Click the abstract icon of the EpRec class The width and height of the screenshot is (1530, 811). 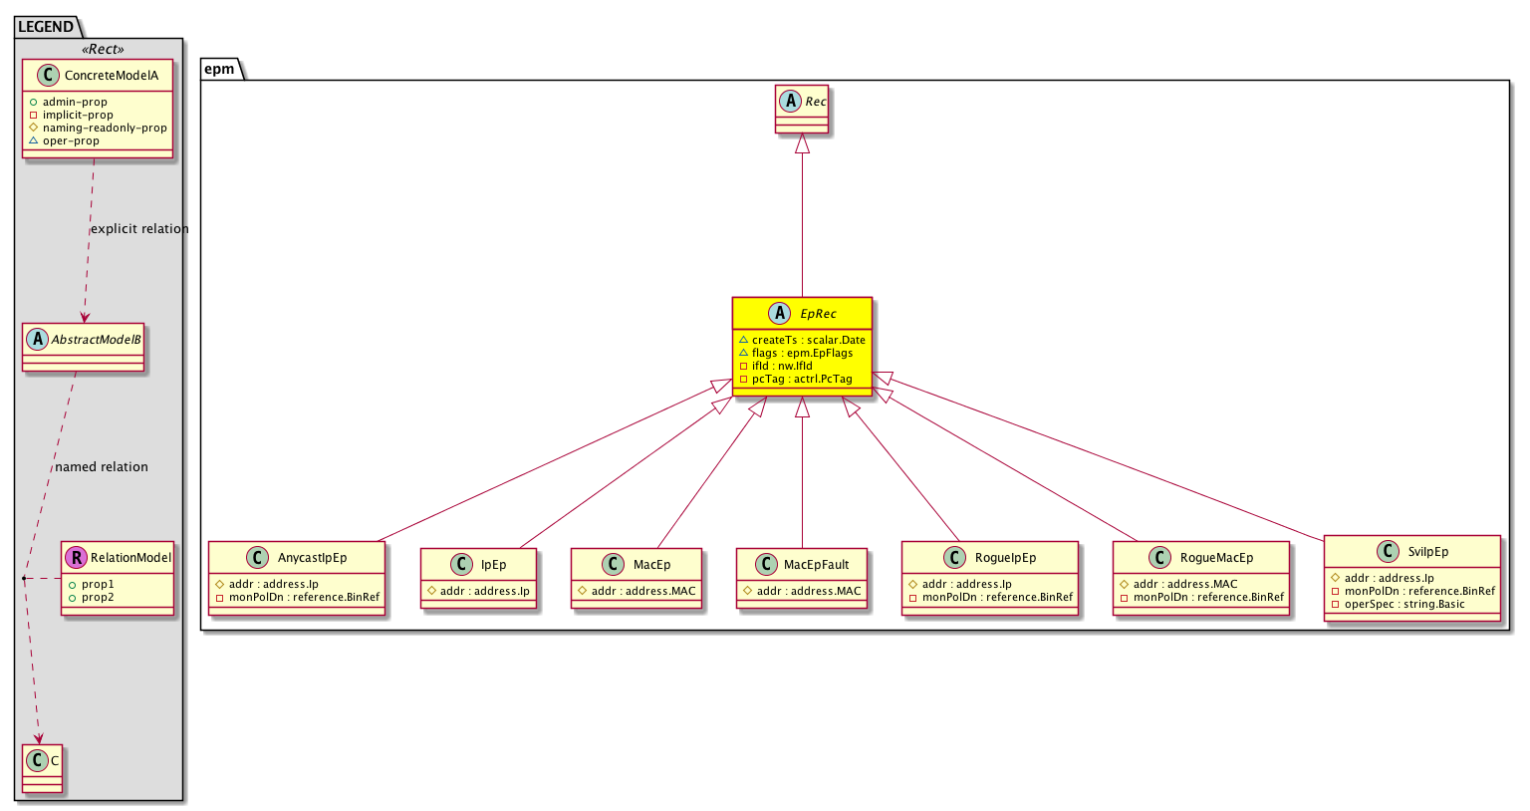779,314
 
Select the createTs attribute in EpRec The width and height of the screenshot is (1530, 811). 802,340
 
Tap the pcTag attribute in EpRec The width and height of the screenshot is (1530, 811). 796,379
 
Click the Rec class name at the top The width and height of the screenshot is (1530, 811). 816,102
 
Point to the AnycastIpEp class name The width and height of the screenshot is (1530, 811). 312,558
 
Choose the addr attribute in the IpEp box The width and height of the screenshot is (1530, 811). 479,591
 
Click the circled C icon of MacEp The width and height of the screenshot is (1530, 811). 614,564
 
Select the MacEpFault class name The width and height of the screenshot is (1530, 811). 816,564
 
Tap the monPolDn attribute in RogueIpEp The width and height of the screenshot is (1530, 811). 991,597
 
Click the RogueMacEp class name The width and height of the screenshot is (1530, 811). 1216,558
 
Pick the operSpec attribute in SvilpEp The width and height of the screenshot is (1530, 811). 1399,604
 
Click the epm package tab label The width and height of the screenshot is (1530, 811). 219,69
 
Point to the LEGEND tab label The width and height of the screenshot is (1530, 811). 46,27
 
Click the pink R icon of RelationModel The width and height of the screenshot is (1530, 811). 76,558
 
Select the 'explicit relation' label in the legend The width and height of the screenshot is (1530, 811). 139,229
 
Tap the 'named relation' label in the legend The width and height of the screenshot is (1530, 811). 101,466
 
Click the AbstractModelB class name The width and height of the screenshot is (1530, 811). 97,340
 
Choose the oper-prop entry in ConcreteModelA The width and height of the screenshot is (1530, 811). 64,140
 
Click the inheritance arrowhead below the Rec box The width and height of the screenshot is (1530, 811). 803,143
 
